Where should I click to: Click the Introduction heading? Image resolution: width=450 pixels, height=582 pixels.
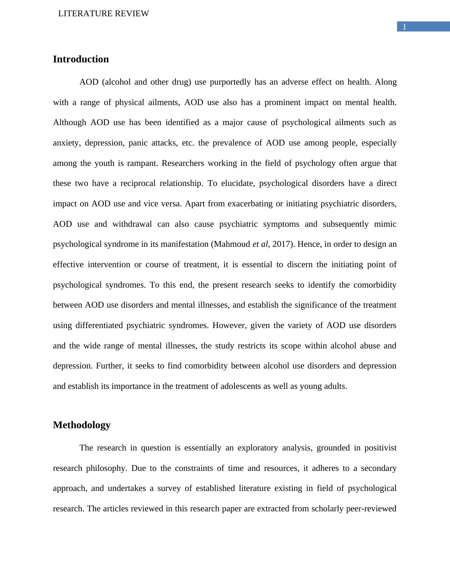point(81,59)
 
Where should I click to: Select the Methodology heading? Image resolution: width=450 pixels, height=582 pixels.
point(82,425)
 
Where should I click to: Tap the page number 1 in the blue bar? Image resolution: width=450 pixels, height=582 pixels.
point(404,27)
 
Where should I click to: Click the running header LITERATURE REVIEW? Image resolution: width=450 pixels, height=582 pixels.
point(104,14)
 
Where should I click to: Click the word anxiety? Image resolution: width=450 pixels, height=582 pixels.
point(67,143)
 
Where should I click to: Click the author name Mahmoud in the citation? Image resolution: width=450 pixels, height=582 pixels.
point(232,244)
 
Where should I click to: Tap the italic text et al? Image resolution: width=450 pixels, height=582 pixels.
point(261,244)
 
